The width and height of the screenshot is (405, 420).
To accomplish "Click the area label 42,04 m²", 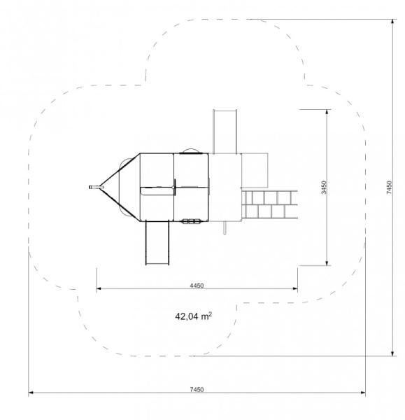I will pyautogui.click(x=194, y=316).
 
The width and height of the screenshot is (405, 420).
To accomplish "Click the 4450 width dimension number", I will pyautogui.click(x=197, y=285).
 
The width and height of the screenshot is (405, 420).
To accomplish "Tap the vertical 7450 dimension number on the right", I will pyautogui.click(x=389, y=188).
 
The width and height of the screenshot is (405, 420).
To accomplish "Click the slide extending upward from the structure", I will pyautogui.click(x=224, y=131).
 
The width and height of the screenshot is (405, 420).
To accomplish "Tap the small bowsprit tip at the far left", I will pyautogui.click(x=92, y=188).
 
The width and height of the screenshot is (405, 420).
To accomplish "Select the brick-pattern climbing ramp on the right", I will pyautogui.click(x=269, y=204).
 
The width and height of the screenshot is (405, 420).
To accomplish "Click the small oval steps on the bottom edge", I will pyautogui.click(x=190, y=222).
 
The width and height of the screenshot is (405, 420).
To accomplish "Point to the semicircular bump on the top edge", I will pyautogui.click(x=190, y=150).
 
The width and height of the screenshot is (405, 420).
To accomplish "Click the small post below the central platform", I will pyautogui.click(x=225, y=228).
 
